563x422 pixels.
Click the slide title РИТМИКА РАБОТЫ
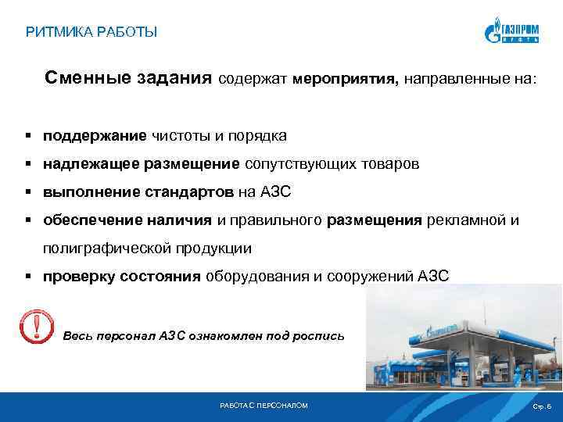coord(91,32)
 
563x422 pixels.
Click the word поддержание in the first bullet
coord(95,136)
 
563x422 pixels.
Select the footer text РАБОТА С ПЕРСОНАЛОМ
coord(264,406)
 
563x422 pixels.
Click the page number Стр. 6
coord(541,406)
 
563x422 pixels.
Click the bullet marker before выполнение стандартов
coord(27,192)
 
